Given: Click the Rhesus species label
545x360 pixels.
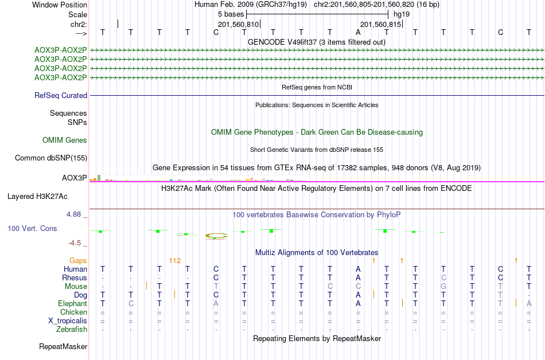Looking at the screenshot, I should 75,277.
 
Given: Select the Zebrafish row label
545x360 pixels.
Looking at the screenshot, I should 72,330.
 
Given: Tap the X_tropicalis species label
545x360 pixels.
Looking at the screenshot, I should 68,321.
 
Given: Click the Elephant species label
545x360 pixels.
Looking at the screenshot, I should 72,303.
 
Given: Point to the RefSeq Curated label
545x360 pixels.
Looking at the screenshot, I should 61,96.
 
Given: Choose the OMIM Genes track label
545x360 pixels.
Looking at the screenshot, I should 65,140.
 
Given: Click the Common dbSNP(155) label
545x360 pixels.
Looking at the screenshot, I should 51,158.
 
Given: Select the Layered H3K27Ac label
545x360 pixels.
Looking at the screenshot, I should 37,196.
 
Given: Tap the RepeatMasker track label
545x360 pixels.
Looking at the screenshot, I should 63,347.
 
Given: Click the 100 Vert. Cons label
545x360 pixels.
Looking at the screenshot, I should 32,229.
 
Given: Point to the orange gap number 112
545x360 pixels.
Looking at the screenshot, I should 175,260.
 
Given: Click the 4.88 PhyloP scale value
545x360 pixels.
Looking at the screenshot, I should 76,214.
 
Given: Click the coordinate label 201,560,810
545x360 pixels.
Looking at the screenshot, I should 239,24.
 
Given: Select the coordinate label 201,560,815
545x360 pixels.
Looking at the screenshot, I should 380,24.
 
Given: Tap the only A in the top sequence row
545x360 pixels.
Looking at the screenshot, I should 358,32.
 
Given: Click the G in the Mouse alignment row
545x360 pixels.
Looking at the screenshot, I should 443,286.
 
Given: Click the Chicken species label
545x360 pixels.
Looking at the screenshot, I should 74,312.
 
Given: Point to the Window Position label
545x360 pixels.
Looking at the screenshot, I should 60,5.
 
